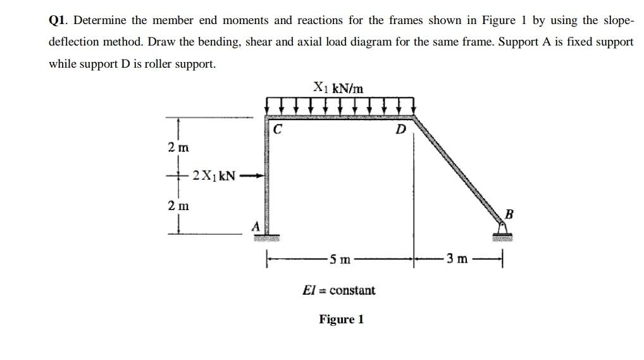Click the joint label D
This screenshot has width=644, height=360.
coord(400,130)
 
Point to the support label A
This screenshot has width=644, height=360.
coord(255,225)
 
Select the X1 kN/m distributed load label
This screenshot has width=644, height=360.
coord(338,88)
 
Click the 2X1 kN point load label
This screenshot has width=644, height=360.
coord(214,175)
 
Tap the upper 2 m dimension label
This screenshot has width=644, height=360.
coord(178,147)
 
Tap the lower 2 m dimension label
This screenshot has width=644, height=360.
coord(178,205)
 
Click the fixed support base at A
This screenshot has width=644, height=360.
coord(267,237)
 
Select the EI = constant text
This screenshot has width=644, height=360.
coord(339,290)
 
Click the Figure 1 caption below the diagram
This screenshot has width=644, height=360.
coord(341,319)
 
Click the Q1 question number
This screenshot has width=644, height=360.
coord(58,20)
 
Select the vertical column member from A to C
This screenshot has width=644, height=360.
coord(266,177)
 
